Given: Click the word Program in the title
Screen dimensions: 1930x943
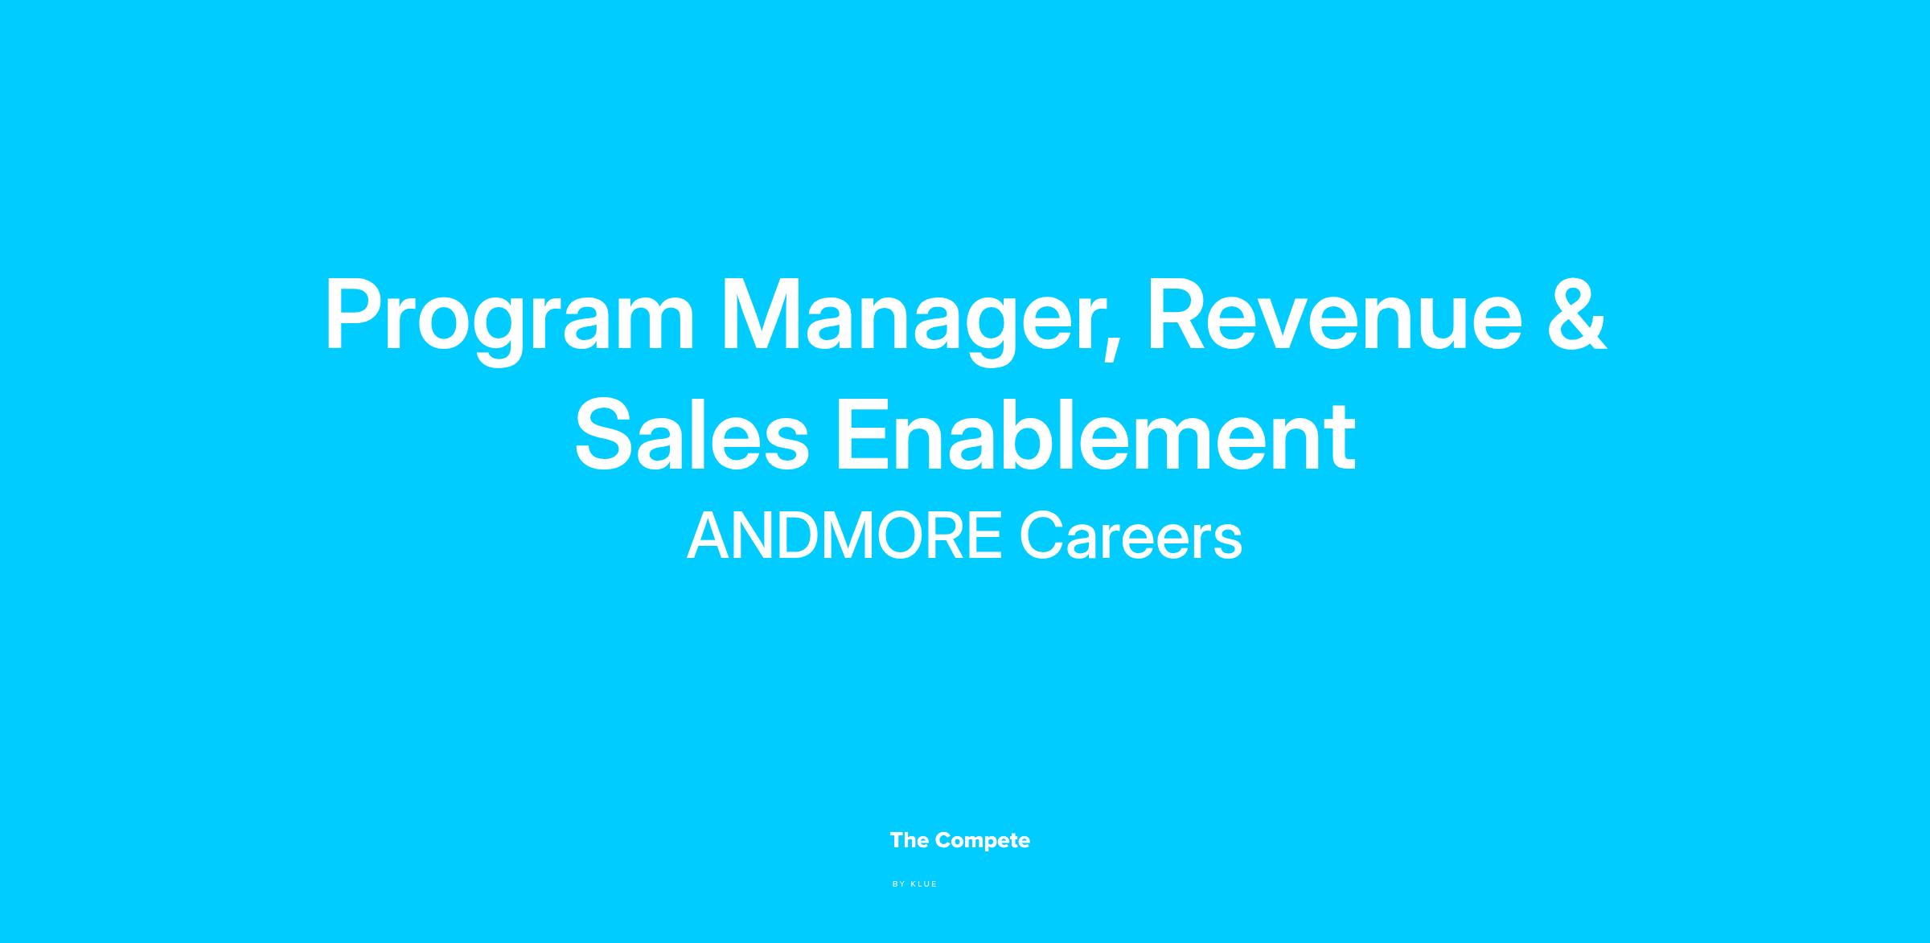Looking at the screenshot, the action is click(x=509, y=319).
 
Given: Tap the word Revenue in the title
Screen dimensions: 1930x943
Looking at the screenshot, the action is click(x=1334, y=314).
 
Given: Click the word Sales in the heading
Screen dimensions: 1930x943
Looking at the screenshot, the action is click(x=692, y=435).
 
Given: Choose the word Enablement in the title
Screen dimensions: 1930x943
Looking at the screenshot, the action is click(x=1096, y=435).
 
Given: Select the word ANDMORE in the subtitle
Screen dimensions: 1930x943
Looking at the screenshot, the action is click(x=844, y=536).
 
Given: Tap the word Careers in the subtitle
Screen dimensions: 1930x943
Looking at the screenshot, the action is click(x=1131, y=536).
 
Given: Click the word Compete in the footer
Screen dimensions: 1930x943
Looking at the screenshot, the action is click(x=983, y=841).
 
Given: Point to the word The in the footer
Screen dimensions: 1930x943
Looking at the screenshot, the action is click(x=910, y=841).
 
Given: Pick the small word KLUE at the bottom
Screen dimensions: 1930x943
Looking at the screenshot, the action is click(x=924, y=884).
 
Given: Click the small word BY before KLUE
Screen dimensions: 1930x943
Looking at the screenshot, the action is click(x=899, y=884).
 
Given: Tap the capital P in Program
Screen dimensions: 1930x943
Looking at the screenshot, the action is click(x=354, y=314).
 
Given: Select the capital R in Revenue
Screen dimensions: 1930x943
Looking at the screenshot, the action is click(x=1181, y=314).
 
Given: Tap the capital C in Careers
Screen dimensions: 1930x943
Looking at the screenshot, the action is click(x=1042, y=536).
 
